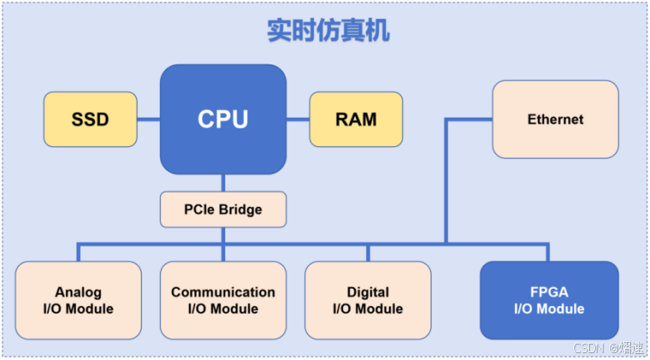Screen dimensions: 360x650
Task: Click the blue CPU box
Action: point(223,119)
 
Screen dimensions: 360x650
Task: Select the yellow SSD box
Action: point(90,119)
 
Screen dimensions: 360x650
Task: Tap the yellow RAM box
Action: point(355,119)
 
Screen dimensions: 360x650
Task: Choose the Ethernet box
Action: point(555,119)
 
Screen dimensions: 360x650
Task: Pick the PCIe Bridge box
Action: point(223,209)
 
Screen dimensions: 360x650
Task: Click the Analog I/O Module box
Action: point(78,300)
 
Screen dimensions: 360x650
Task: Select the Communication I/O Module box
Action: point(223,300)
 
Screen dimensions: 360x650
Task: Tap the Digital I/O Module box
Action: point(367,300)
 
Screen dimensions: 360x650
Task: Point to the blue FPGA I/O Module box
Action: point(549,300)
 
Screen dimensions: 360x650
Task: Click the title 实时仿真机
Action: point(328,32)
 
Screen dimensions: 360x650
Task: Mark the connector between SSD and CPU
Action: point(148,119)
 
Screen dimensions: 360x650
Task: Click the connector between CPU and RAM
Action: point(297,119)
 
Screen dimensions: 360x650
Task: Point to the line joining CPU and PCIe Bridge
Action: point(223,182)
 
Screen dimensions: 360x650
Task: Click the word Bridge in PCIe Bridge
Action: point(241,209)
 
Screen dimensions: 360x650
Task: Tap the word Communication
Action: point(223,292)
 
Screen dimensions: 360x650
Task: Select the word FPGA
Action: point(549,292)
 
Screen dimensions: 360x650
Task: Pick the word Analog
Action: point(78,292)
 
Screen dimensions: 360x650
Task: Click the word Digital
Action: point(367,292)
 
